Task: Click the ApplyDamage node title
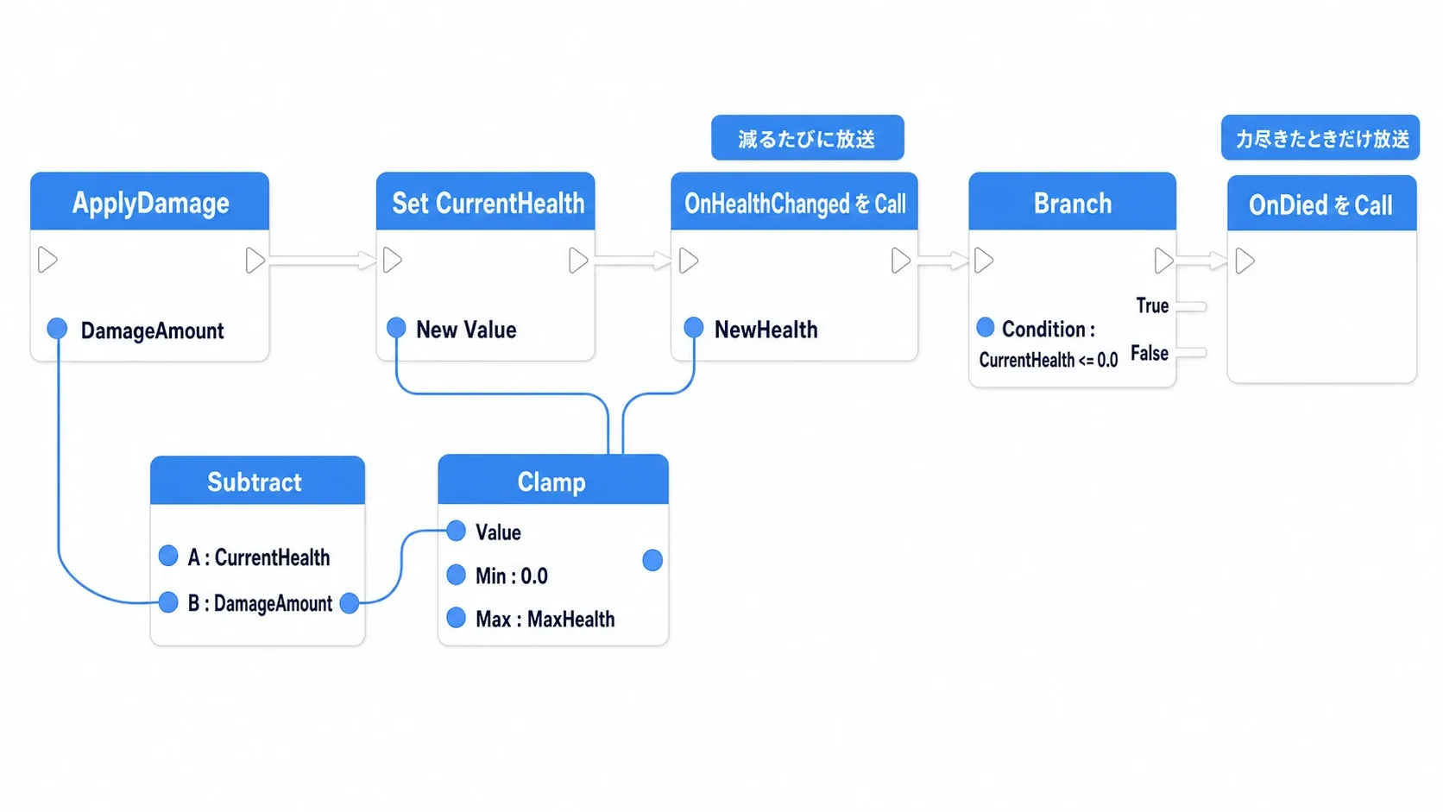[150, 203]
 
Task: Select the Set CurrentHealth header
[488, 204]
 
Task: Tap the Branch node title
[1073, 204]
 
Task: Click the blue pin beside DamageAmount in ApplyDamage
[57, 329]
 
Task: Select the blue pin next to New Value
[396, 328]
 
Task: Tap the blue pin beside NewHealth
[693, 328]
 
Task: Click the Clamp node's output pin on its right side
[652, 560]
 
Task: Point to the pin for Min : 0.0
[456, 575]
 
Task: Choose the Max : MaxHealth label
[545, 620]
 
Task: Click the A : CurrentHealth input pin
[168, 556]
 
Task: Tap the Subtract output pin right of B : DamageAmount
[350, 603]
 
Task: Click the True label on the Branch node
[1152, 305]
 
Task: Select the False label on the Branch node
[1150, 353]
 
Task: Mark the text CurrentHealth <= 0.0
[1048, 360]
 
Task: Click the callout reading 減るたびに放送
[807, 138]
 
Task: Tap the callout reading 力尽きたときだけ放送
[1320, 138]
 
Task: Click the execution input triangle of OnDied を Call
[1245, 261]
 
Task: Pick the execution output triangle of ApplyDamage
[255, 260]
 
